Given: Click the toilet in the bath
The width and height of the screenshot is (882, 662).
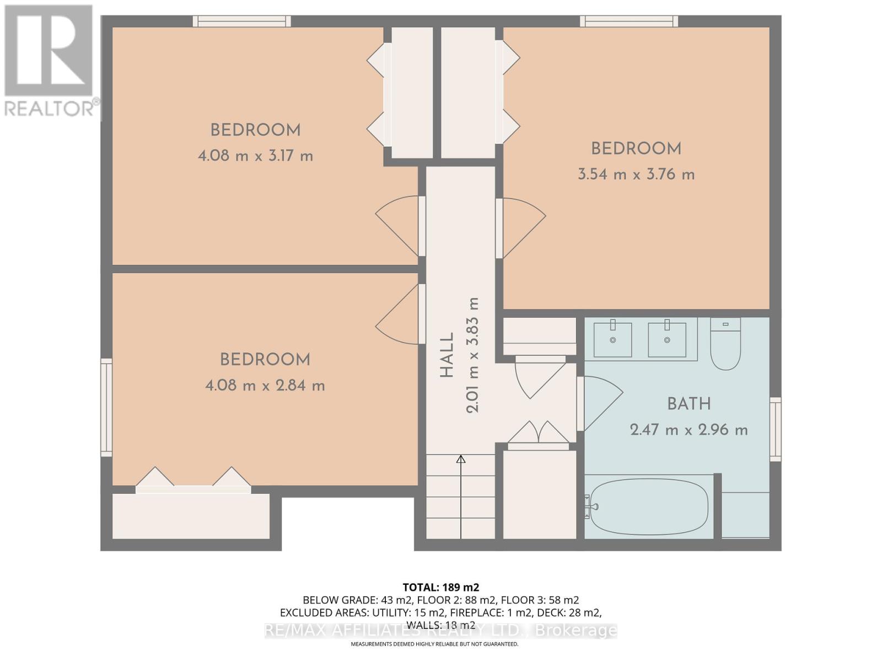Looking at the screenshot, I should point(725,345).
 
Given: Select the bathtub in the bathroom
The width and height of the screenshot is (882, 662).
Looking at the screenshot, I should point(648,506).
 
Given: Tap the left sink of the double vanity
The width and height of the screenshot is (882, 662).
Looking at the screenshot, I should point(612,340).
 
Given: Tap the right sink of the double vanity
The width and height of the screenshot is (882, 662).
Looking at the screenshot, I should point(667,340).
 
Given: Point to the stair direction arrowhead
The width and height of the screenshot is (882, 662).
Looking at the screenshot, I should point(461,459).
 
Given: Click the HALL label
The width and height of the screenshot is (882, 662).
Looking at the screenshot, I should point(447,355).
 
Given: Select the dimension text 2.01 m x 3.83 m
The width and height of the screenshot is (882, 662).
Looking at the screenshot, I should point(473,355).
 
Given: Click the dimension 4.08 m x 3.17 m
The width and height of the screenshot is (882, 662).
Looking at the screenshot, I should point(255,156).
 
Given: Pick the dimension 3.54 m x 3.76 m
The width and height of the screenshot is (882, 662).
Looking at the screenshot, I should point(636,175).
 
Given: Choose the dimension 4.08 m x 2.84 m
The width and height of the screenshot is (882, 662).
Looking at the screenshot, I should point(265,386).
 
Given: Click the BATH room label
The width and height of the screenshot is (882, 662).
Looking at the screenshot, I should point(689,404).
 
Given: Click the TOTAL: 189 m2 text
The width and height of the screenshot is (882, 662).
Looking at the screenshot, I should point(440,587).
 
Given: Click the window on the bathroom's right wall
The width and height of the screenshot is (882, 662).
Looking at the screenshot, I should point(775,429).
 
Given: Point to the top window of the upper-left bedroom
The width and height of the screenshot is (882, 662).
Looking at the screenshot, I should point(241,22).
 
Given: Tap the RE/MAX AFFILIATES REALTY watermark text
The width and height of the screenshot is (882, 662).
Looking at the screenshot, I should point(440,630).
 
